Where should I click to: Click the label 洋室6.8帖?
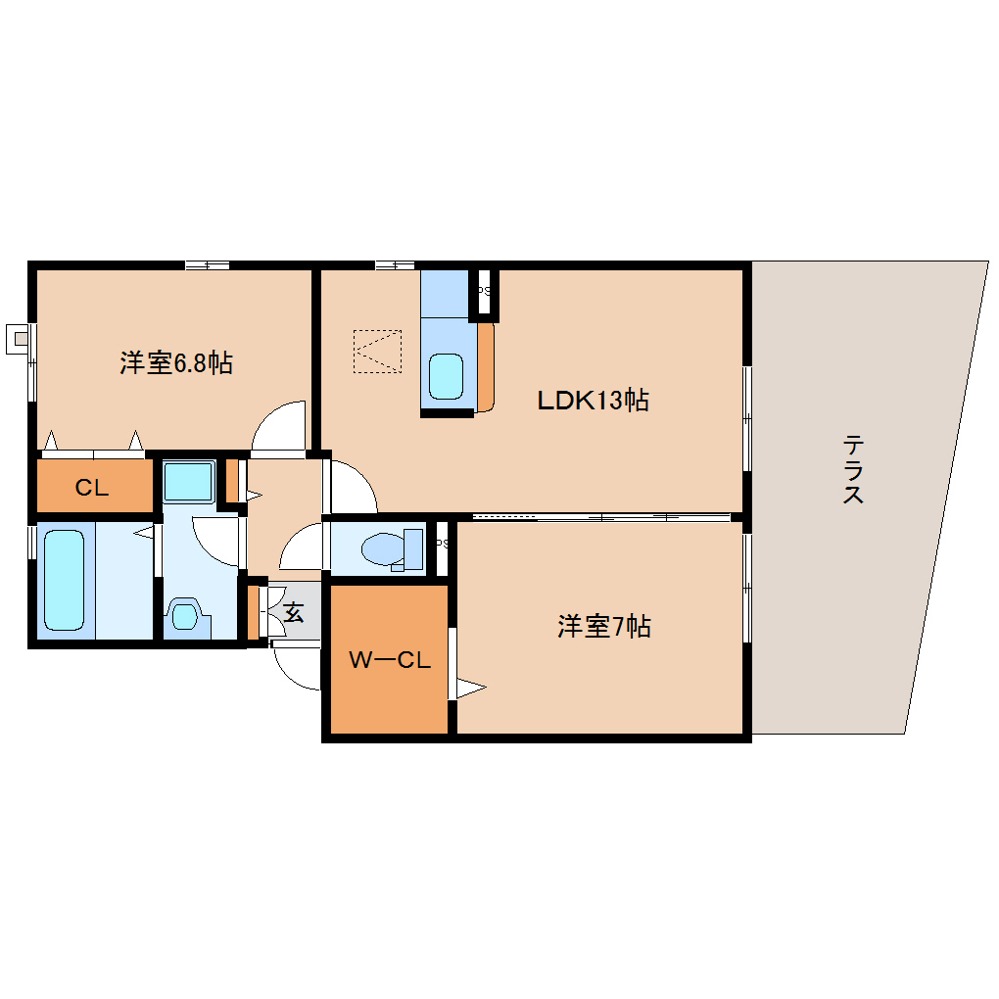tap(176, 363)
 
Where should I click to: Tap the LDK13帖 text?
tap(593, 400)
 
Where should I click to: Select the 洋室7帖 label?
tap(604, 627)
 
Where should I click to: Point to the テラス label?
tap(853, 469)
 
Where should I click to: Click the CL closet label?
tap(92, 488)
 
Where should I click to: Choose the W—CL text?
tap(390, 660)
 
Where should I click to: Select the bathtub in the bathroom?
tap(66, 581)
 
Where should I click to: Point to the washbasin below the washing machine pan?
tap(184, 616)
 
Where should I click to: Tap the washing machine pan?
tap(188, 481)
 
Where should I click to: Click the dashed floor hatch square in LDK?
tap(378, 351)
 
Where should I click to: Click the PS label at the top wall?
tap(483, 291)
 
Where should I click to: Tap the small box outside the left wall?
tap(18, 339)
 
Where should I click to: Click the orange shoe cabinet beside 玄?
tap(253, 611)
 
